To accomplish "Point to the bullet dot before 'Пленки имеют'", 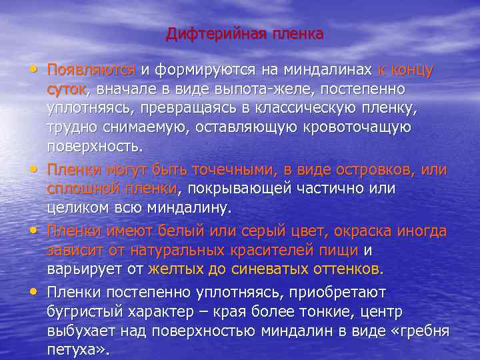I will [34, 231].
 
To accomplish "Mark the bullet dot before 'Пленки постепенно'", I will [34, 291].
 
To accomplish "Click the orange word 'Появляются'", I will [91, 69].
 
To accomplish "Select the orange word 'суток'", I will [70, 89].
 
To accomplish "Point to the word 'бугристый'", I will [83, 311].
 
